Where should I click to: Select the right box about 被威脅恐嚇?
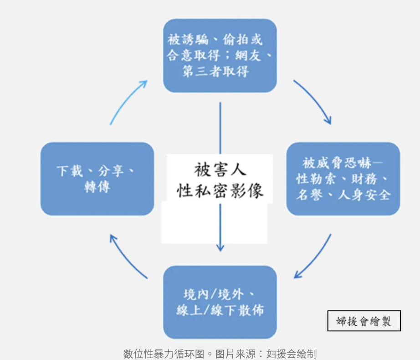tap(343, 179)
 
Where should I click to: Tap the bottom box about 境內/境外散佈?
tap(220, 302)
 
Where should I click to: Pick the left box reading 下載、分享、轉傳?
tap(97, 179)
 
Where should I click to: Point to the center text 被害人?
tap(220, 170)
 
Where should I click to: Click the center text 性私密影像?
tap(220, 190)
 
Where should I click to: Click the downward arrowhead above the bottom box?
tap(220, 247)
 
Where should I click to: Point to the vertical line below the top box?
tap(220, 128)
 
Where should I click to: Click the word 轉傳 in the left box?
tap(97, 187)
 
